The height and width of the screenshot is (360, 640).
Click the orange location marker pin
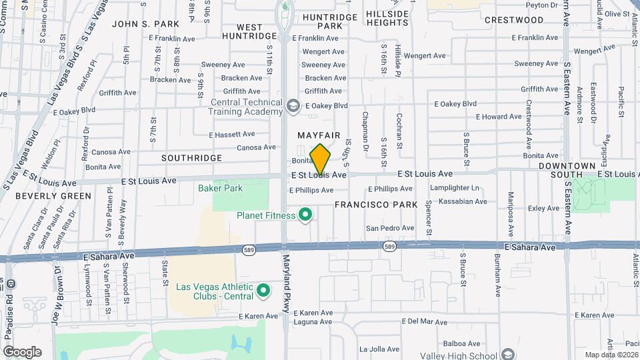(321, 159)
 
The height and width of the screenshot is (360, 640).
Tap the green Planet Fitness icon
(305, 215)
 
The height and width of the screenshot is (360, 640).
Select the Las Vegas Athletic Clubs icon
(263, 291)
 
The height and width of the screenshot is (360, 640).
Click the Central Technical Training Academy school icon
(292, 106)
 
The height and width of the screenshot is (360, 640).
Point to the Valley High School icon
(508, 354)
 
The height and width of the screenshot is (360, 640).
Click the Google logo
(22, 352)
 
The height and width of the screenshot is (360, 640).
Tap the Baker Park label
(221, 188)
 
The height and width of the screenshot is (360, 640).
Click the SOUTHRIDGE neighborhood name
(192, 158)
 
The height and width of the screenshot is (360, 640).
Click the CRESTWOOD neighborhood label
(514, 20)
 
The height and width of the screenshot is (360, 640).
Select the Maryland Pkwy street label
(288, 281)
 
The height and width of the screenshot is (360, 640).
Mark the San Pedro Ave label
(390, 228)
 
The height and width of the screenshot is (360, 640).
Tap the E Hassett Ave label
(232, 134)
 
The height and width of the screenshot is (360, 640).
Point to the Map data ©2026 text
(609, 355)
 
